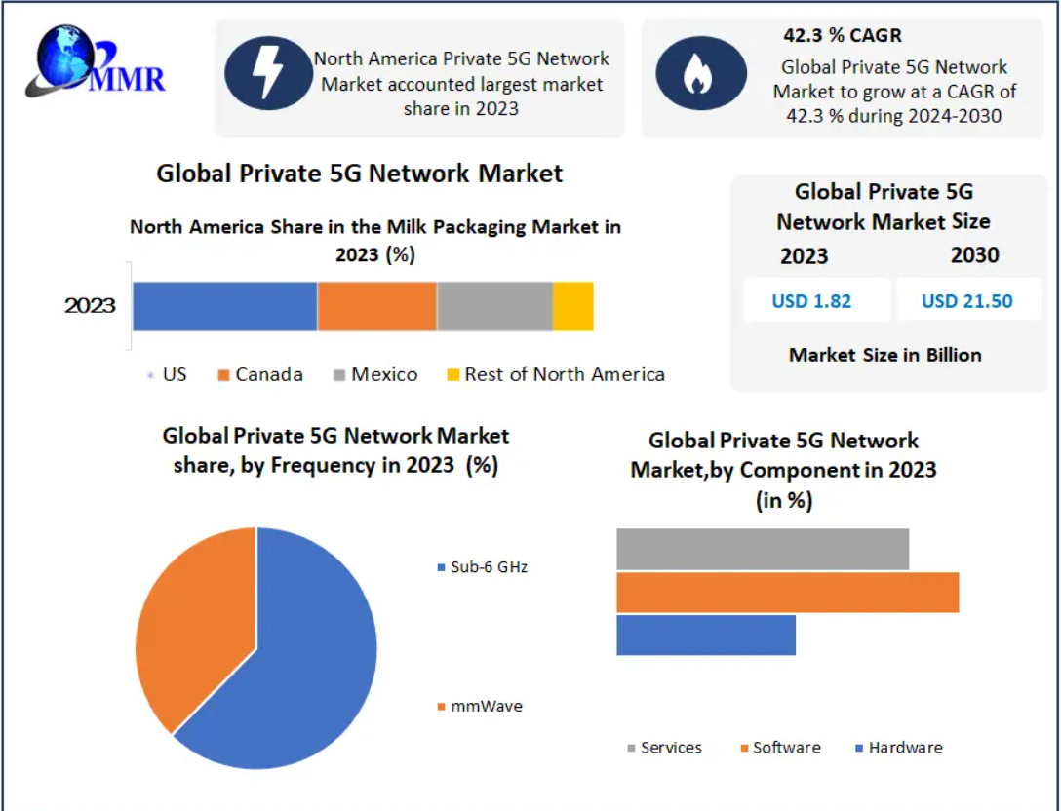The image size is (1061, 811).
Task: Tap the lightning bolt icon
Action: [x=266, y=73]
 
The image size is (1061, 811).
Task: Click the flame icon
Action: [x=694, y=73]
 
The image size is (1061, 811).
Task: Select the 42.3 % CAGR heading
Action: [x=843, y=35]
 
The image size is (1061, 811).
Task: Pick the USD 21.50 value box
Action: [x=967, y=300]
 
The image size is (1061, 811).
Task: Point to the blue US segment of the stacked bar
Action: [x=224, y=306]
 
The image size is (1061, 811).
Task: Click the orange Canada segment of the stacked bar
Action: [x=376, y=306]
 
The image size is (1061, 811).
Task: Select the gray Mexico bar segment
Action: [x=494, y=306]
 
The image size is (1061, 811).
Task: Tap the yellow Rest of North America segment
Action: [x=572, y=306]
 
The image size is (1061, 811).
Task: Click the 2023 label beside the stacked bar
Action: [x=90, y=306]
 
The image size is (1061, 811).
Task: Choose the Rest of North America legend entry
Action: [x=556, y=374]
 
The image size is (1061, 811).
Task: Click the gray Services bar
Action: [x=762, y=549]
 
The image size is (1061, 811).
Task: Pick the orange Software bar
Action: [x=787, y=593]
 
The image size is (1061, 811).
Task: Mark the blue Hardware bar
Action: [x=705, y=635]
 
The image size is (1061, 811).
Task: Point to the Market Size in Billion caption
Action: [x=884, y=355]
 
